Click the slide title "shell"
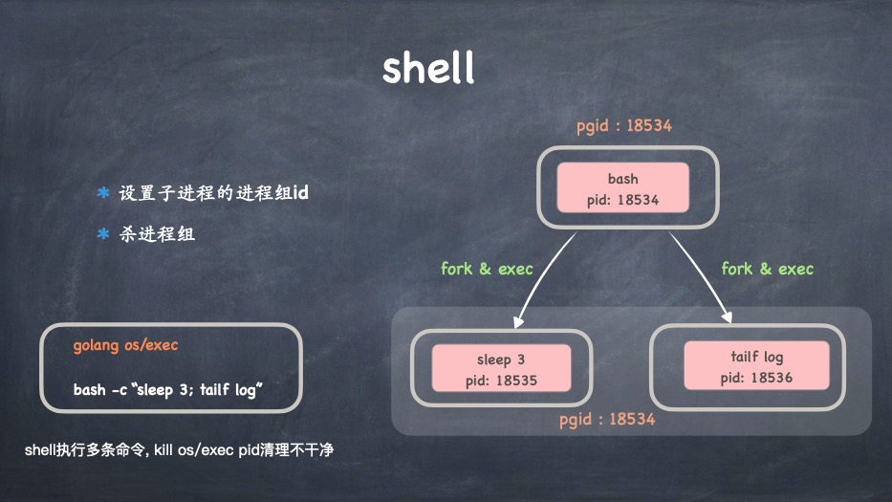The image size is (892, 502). pyautogui.click(x=427, y=69)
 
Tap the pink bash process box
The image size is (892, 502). pyautogui.click(x=622, y=187)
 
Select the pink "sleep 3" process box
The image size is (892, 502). pyautogui.click(x=500, y=369)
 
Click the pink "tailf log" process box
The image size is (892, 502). pyautogui.click(x=756, y=365)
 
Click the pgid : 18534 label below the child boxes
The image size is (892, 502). pyautogui.click(x=608, y=419)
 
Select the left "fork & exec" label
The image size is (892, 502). pyautogui.click(x=487, y=269)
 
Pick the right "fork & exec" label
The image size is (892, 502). pyautogui.click(x=768, y=269)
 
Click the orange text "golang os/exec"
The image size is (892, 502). pyautogui.click(x=125, y=345)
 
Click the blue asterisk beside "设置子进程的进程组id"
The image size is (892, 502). pyautogui.click(x=102, y=193)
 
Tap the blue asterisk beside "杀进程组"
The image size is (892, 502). pyautogui.click(x=102, y=233)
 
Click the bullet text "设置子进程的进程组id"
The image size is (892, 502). pyautogui.click(x=213, y=193)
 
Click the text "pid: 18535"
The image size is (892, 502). pyautogui.click(x=500, y=380)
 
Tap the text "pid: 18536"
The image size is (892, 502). pyautogui.click(x=756, y=378)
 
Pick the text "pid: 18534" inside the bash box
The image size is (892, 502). pyautogui.click(x=622, y=200)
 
